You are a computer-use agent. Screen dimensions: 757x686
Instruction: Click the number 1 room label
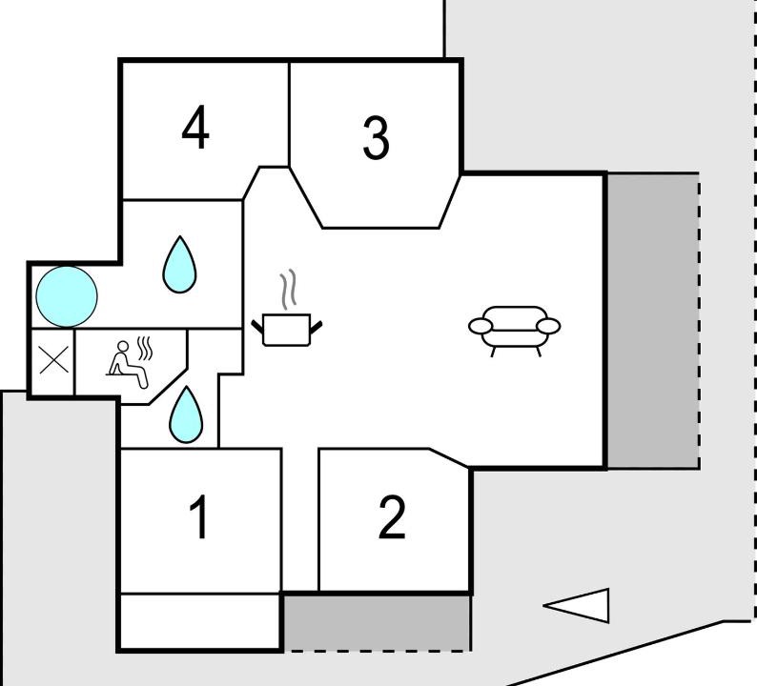coord(198,516)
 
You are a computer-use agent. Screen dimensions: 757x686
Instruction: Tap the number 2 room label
coord(392,516)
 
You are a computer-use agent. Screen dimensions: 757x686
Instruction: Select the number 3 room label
coord(376,138)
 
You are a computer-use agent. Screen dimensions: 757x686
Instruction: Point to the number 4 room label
coord(195,128)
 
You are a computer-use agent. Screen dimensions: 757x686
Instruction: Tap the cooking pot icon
coord(287,331)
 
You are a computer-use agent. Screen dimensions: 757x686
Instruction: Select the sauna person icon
coord(127,364)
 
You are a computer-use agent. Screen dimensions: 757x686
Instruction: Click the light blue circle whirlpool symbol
coord(67,296)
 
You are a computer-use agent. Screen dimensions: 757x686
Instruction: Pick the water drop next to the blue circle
coord(179,264)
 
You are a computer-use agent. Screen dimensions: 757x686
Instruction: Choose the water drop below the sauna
coord(186,414)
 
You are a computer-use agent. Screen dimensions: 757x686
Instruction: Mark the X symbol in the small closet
coord(53,360)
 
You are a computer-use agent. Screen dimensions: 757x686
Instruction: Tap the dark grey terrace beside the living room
coord(653,321)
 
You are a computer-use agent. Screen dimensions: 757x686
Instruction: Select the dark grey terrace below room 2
coord(376,623)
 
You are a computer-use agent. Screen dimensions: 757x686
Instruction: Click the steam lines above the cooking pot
coord(288,290)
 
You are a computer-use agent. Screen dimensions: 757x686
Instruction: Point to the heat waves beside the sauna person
coord(145,349)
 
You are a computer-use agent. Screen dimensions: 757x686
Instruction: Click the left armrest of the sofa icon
coord(481,327)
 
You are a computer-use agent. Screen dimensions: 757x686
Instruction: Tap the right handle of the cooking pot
coord(317,327)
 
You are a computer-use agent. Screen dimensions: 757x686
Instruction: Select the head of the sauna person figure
coord(124,347)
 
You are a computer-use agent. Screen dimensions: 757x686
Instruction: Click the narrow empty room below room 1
coord(200,621)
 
